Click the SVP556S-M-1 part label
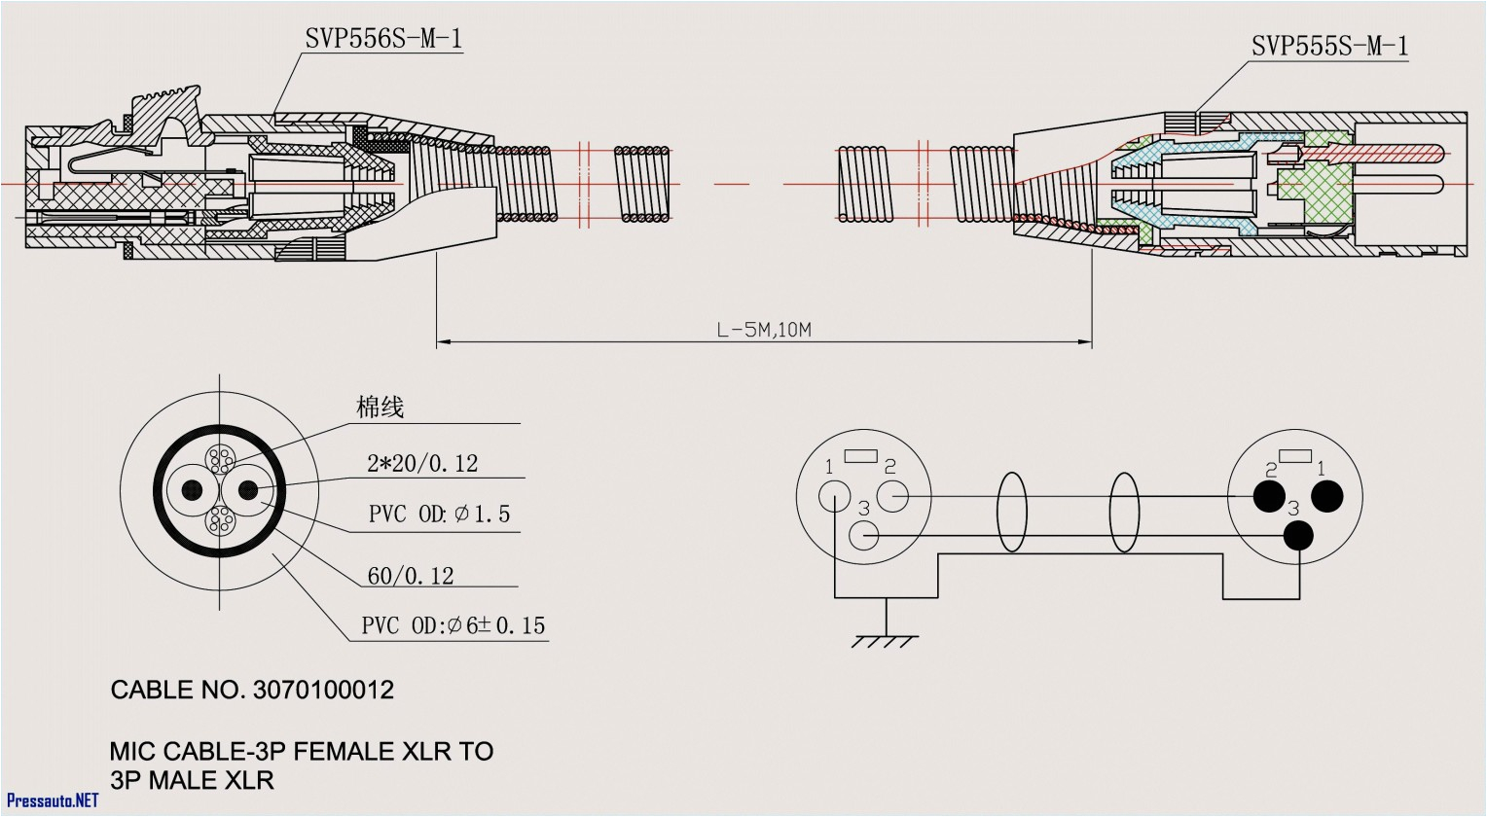[x=383, y=39]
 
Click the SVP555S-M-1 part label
[x=1328, y=46]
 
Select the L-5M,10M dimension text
[x=764, y=330]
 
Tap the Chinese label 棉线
[x=380, y=408]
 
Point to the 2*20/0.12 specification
[x=422, y=464]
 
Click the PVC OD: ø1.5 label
[x=439, y=515]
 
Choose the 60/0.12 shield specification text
[x=410, y=577]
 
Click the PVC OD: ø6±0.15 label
[x=453, y=625]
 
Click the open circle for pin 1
[x=834, y=496]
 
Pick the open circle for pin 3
[x=864, y=536]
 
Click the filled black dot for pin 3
[x=1298, y=536]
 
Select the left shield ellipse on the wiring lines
[x=1011, y=514]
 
